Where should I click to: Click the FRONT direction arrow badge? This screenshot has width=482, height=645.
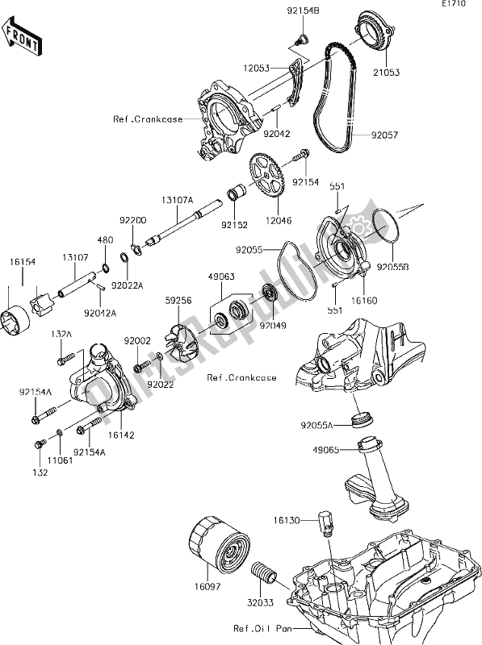(22, 37)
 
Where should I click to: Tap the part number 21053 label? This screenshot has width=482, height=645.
(384, 72)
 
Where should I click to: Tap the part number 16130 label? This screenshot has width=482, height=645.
(291, 522)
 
